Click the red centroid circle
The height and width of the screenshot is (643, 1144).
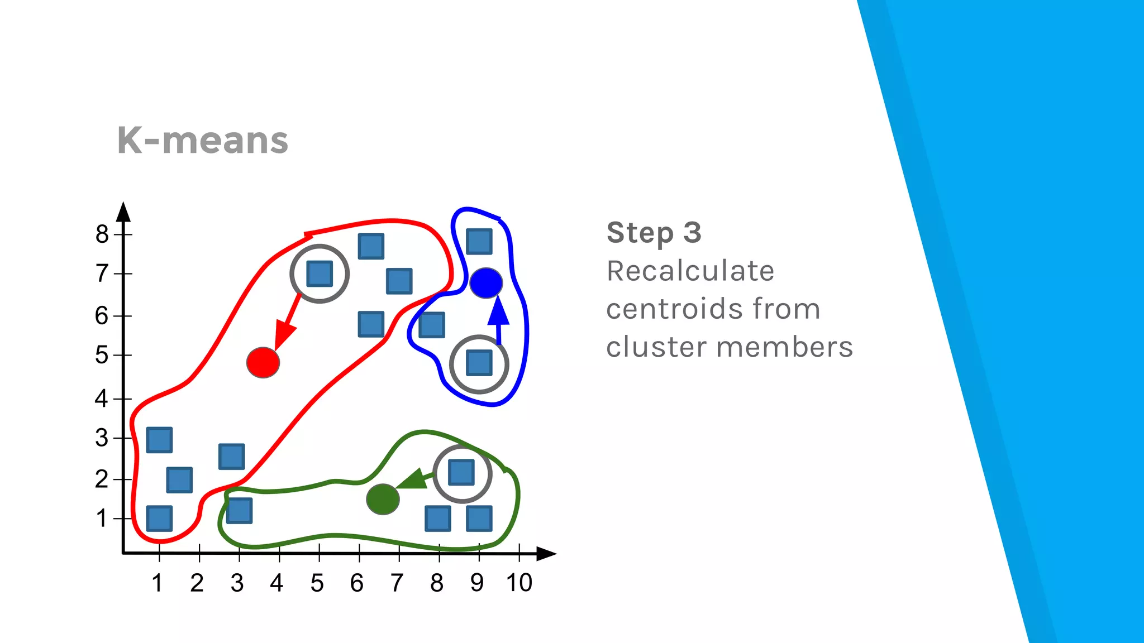[x=263, y=363]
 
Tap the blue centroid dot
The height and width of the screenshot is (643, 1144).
[x=486, y=283]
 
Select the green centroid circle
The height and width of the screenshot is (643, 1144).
[x=383, y=499]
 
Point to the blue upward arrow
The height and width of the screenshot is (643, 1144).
[x=498, y=318]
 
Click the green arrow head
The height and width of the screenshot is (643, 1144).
[x=412, y=480]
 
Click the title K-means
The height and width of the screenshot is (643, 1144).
[x=202, y=140]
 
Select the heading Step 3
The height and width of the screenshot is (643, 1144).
[x=654, y=232]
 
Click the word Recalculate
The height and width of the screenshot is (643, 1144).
[x=690, y=271]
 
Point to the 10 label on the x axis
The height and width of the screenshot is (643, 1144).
[x=519, y=583]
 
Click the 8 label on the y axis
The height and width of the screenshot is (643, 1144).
[x=102, y=234]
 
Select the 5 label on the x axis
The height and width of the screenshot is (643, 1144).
[x=317, y=583]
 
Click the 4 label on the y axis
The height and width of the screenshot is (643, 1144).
[x=101, y=399]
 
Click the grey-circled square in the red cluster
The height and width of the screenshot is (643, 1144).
[x=320, y=273]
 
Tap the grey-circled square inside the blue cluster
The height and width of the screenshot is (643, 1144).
[x=479, y=363]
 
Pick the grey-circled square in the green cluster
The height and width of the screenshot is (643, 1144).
[x=461, y=473]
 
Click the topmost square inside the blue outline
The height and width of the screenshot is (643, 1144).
[x=479, y=241]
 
